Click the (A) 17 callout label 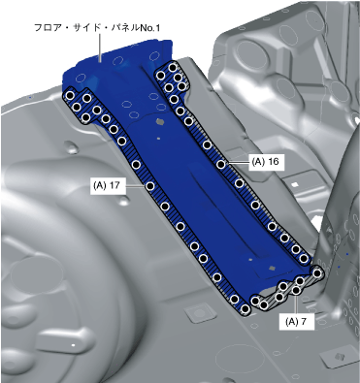(108, 185)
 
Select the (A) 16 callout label (267, 161)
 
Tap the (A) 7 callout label (297, 321)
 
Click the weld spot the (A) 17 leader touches (150, 186)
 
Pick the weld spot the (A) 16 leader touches (221, 164)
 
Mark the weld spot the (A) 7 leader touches (295, 290)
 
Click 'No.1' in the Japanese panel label (149, 28)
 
